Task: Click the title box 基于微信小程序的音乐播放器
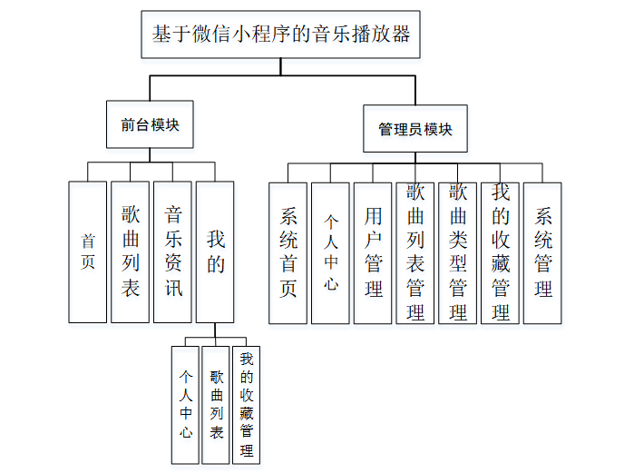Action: [282, 35]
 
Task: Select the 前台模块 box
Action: [150, 125]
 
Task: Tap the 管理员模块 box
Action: [415, 128]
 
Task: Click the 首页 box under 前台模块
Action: [88, 251]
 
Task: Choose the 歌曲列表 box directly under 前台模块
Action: [131, 251]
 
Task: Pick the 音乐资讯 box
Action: [173, 251]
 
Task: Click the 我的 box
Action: [215, 251]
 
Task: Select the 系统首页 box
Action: [288, 253]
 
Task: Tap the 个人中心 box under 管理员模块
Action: [330, 253]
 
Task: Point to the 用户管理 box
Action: [373, 253]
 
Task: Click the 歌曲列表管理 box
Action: [415, 253]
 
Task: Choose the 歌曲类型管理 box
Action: [457, 253]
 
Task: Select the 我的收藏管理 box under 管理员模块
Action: [500, 253]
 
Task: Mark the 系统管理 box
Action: [542, 253]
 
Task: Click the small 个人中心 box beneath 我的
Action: [185, 404]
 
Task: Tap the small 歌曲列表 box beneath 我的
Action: [216, 404]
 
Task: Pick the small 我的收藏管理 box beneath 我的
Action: [246, 404]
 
